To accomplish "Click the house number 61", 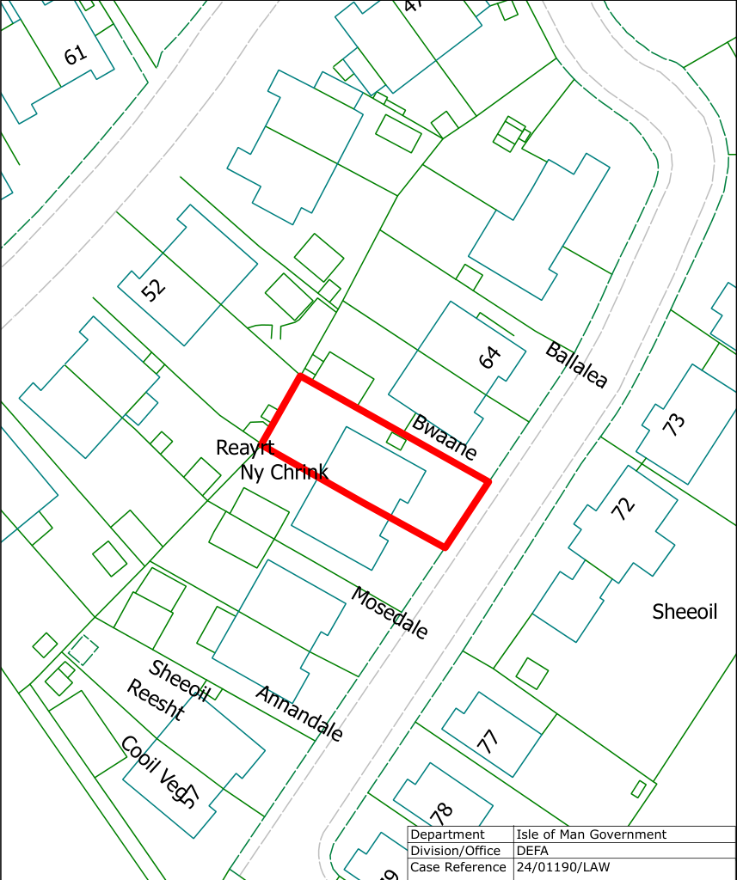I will coord(76,55).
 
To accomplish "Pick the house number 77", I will coord(488,741).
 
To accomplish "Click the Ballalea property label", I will coord(576,364).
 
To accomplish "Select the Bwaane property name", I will coord(444,437).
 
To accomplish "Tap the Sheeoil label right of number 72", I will coord(685,612).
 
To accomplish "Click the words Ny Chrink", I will coord(284,473).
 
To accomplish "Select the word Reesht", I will coord(155,700).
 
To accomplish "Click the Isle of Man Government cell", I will coord(591,834).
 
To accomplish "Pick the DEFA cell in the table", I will coord(533,851).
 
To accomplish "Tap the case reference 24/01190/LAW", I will coord(562,867).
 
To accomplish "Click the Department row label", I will coord(447,834).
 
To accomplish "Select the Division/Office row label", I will coord(455,851).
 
